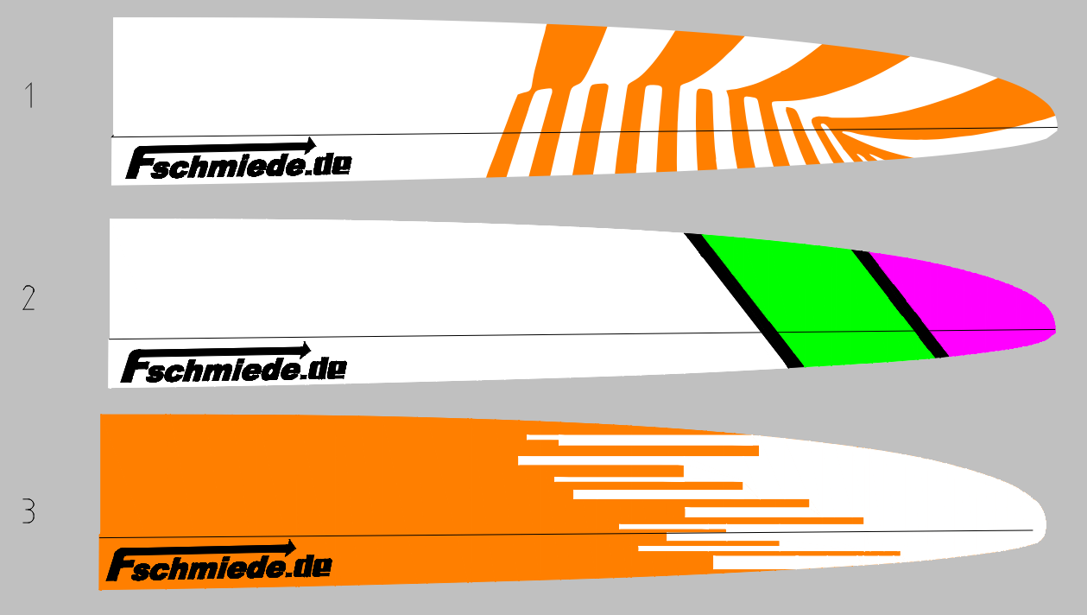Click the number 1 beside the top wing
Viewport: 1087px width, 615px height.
click(x=30, y=95)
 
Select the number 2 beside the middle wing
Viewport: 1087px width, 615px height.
click(x=29, y=298)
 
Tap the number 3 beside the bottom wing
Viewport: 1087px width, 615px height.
click(x=29, y=512)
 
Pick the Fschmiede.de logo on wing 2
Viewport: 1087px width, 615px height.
click(x=233, y=367)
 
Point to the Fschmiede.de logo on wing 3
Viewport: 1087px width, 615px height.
click(x=219, y=566)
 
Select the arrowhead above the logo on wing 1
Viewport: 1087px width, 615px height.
click(x=309, y=143)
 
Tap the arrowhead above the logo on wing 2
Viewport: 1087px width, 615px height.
click(x=304, y=349)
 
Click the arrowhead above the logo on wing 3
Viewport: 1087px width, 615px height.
click(x=290, y=547)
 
